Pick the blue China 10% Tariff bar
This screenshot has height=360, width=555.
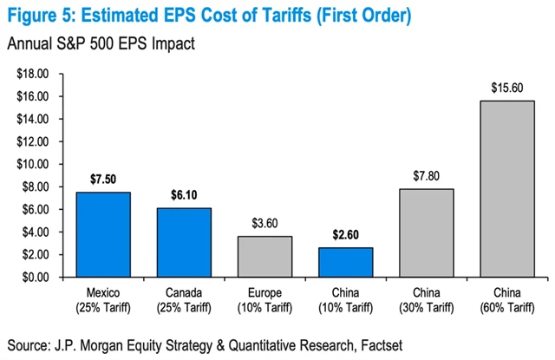point(347,262)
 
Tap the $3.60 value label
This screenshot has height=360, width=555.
point(266,223)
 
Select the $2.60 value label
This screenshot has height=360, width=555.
point(347,234)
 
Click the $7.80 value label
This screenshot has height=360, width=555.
point(428,175)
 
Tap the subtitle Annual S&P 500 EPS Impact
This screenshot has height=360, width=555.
point(97,43)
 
